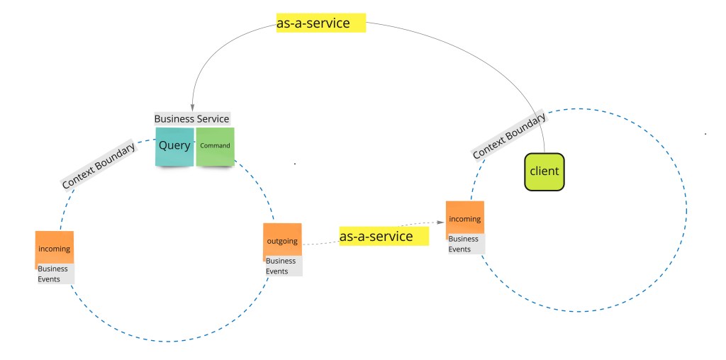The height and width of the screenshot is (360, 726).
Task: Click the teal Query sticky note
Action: click(x=174, y=147)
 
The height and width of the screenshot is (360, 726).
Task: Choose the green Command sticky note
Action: click(x=215, y=147)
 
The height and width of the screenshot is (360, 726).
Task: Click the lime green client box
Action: click(x=544, y=171)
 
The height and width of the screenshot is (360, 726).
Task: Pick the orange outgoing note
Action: click(x=282, y=242)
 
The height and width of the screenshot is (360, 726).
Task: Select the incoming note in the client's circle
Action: click(x=464, y=220)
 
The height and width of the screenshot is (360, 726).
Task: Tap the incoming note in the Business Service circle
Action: click(x=54, y=249)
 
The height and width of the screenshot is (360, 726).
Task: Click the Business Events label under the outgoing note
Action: click(x=281, y=266)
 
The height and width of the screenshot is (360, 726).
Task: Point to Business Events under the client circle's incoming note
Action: click(x=464, y=244)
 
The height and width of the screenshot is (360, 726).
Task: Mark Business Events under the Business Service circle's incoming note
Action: click(x=53, y=274)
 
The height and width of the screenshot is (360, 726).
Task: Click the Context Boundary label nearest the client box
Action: click(x=508, y=135)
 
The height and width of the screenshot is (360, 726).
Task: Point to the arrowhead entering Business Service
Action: click(x=192, y=106)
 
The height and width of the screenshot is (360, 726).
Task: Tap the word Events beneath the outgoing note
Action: click(x=277, y=271)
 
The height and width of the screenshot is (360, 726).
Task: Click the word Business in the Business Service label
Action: click(x=174, y=119)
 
